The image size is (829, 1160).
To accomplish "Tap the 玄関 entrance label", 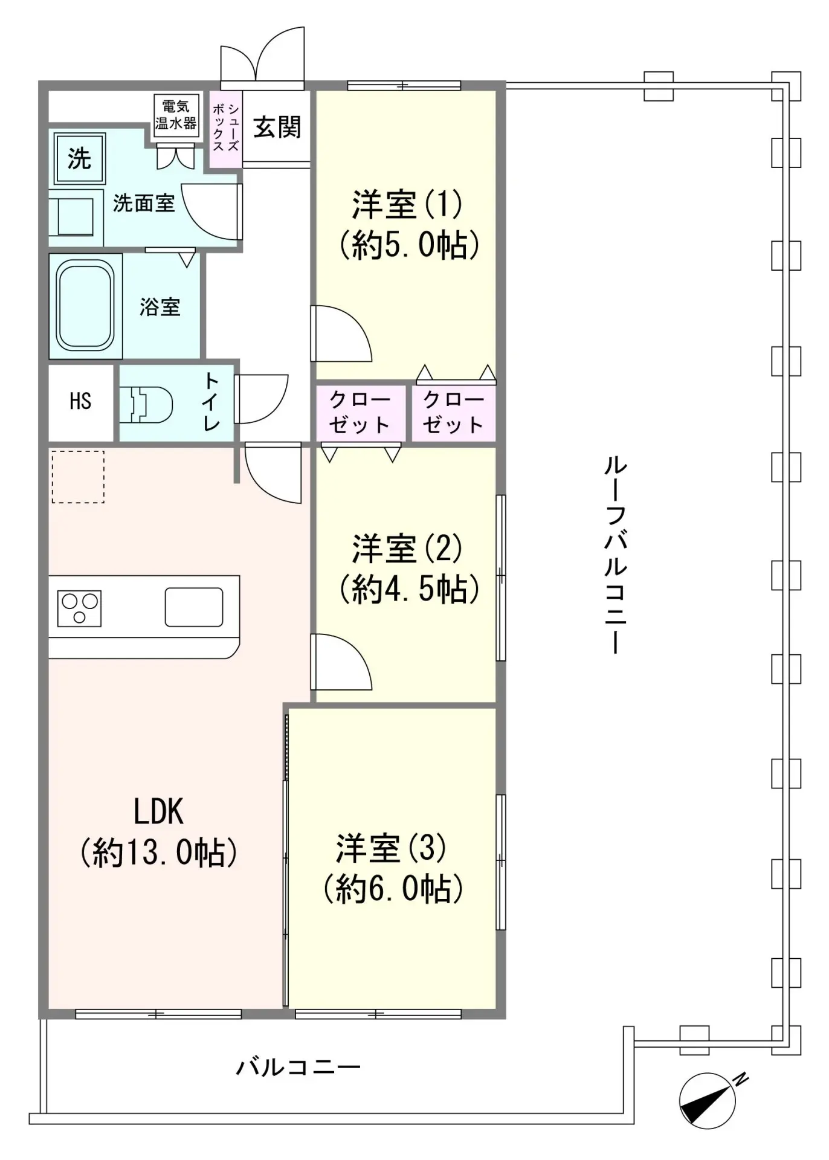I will (277, 127).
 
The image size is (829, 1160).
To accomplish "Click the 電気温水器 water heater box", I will (176, 115).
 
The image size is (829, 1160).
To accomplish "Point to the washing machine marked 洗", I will (79, 159).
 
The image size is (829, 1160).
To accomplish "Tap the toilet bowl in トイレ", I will (150, 403).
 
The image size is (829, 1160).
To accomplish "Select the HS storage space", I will (80, 401).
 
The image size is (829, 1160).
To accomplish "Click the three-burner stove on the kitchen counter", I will (79, 608).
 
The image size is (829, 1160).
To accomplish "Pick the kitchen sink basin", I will (194, 607).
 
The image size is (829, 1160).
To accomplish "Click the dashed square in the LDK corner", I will (78, 477).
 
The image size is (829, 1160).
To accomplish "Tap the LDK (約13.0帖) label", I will (158, 832).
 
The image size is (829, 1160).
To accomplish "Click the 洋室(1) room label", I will (407, 204).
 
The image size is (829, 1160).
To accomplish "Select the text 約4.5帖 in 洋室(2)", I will (409, 589).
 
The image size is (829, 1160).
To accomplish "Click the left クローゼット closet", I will (360, 412).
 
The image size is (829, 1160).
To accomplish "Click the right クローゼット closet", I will (453, 412).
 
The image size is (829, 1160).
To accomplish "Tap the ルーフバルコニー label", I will (615, 555).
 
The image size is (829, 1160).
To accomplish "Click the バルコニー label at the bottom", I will (298, 1068).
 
